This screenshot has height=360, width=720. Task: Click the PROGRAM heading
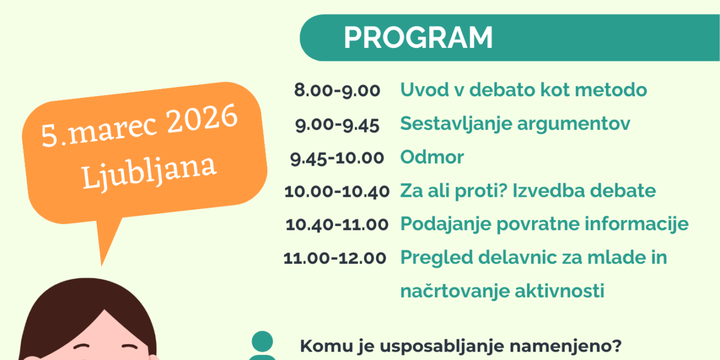tap(418, 38)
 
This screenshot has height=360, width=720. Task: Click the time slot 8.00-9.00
tap(337, 90)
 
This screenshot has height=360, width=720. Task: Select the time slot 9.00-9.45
tap(337, 124)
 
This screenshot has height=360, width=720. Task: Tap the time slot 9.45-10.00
tap(337, 157)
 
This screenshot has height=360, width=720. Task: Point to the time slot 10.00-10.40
tap(337, 191)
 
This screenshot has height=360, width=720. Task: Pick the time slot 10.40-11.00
tap(337, 224)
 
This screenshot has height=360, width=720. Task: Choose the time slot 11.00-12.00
tap(335, 258)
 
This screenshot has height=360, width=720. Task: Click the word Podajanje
tap(445, 225)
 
